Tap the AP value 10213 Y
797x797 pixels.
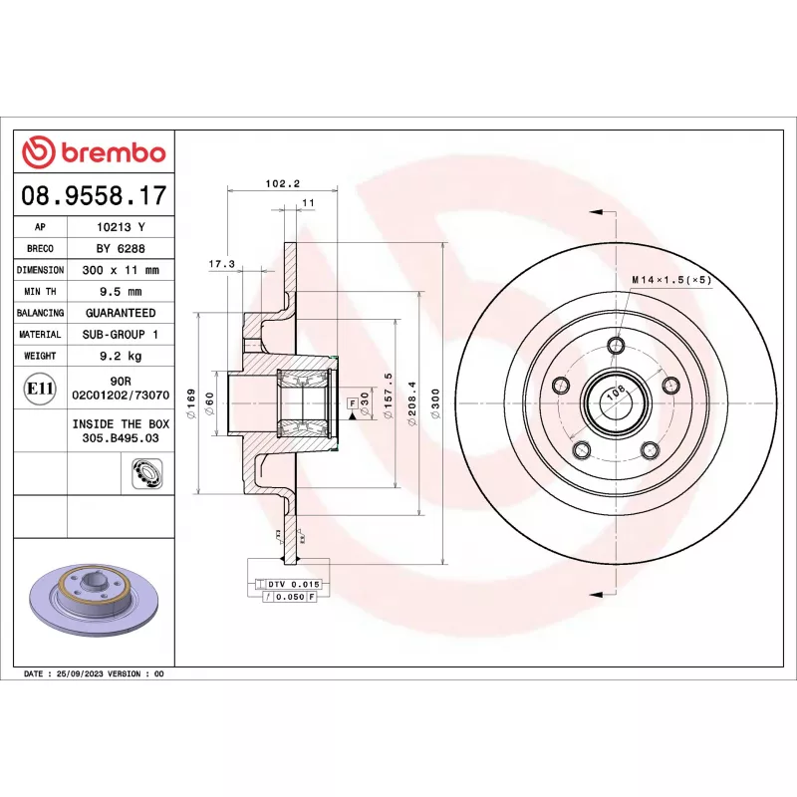[121, 227]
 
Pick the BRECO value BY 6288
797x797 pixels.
[121, 248]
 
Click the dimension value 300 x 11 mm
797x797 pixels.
[121, 270]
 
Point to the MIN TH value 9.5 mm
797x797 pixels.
[121, 292]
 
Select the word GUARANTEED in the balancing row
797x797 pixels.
[121, 313]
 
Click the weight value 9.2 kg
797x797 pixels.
[121, 356]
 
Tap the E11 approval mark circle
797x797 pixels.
[40, 388]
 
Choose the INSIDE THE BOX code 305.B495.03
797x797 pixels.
[121, 437]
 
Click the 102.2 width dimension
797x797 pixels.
[284, 182]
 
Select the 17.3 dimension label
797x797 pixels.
[221, 264]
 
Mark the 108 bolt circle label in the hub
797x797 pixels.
[615, 392]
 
